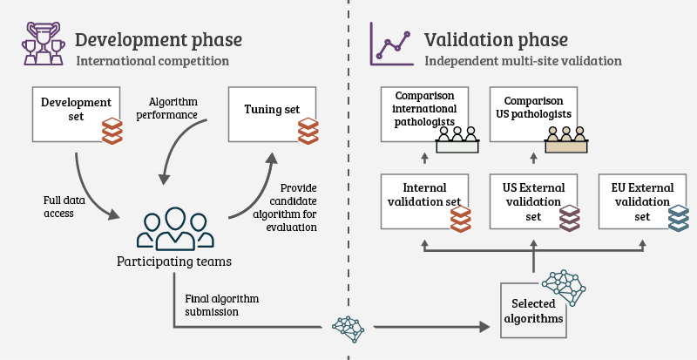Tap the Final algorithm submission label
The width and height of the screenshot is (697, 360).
tap(222, 306)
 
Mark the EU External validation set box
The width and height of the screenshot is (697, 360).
tap(642, 200)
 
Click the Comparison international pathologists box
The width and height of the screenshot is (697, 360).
tap(424, 113)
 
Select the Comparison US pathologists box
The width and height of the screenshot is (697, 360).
tap(533, 113)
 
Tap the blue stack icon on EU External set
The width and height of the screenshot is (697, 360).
tap(679, 218)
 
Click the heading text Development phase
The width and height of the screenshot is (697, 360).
tap(159, 40)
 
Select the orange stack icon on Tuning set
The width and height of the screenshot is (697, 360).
tap(308, 132)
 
